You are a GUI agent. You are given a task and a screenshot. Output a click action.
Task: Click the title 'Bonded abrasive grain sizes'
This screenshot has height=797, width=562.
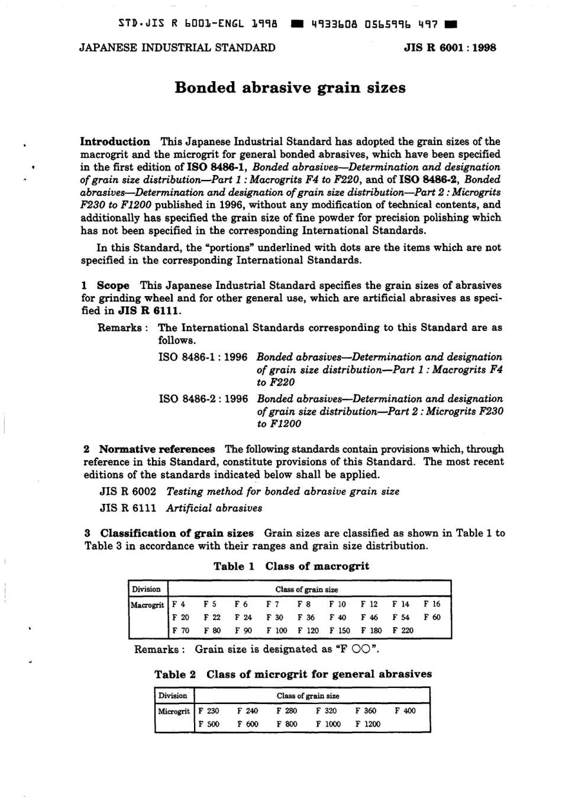(x=290, y=88)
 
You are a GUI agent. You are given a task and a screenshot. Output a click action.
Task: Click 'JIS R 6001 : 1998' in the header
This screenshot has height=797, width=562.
(x=450, y=48)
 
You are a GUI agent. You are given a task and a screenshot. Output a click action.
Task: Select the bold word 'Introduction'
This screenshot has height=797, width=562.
(x=115, y=142)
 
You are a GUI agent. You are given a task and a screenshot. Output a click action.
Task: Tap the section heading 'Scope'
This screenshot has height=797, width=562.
(x=113, y=285)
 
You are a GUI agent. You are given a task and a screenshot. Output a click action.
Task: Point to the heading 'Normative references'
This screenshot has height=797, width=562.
(x=157, y=449)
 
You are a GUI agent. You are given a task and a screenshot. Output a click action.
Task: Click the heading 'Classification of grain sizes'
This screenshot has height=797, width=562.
(x=176, y=533)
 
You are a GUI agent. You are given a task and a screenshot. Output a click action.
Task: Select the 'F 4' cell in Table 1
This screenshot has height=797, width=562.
(x=178, y=605)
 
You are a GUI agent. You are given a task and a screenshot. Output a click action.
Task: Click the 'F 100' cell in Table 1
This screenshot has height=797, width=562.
(x=276, y=631)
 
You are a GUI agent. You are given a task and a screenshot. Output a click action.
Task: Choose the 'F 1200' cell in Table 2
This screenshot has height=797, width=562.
(x=368, y=724)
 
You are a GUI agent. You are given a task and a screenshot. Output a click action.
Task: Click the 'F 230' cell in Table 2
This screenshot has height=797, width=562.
(x=208, y=711)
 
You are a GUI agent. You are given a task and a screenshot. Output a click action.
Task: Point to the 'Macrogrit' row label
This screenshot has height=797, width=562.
(x=147, y=605)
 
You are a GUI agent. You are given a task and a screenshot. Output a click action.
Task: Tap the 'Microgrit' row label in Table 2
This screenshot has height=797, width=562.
(x=174, y=711)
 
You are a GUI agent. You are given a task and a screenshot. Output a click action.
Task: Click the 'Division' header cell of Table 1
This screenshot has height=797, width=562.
(x=146, y=589)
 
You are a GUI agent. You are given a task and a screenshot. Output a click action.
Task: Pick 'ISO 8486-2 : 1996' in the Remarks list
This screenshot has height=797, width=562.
(x=203, y=399)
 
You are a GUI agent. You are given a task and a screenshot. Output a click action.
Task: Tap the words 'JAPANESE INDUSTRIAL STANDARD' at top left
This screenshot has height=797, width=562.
(x=177, y=48)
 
